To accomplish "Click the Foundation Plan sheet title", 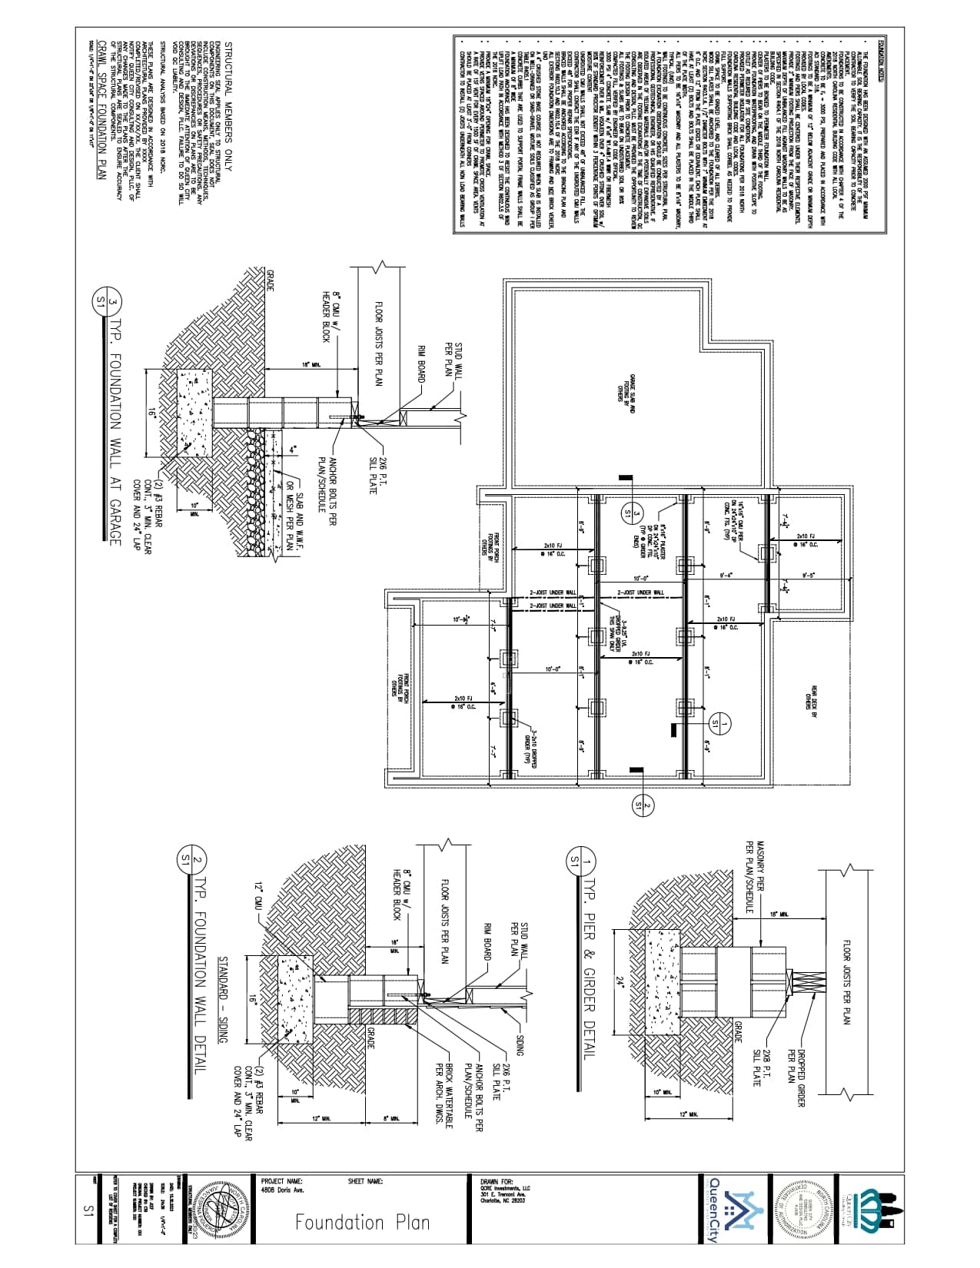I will click(x=362, y=1221).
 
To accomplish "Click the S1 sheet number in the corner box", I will click(x=87, y=1210).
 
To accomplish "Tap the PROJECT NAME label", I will click(x=282, y=1181).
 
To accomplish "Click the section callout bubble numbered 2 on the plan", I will click(x=639, y=805).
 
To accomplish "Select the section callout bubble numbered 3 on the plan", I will click(x=627, y=512).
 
